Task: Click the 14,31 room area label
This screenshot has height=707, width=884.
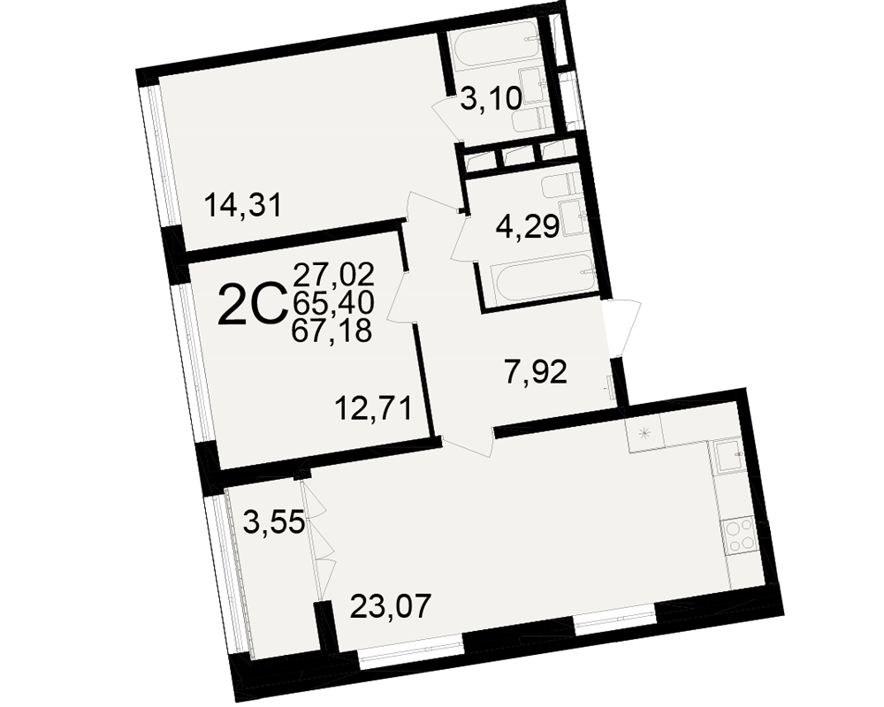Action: pyautogui.click(x=242, y=205)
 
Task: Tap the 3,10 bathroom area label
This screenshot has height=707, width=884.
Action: pyautogui.click(x=490, y=100)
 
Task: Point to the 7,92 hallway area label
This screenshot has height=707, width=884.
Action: pyautogui.click(x=535, y=373)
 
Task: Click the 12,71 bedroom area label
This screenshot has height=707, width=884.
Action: pyautogui.click(x=373, y=409)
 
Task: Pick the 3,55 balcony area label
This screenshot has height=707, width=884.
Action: pyautogui.click(x=274, y=522)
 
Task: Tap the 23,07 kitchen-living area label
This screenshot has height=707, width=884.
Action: pyautogui.click(x=391, y=606)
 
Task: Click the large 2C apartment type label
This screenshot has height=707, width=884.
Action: pyautogui.click(x=250, y=305)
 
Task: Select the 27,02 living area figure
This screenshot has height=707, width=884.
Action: pyautogui.click(x=334, y=275)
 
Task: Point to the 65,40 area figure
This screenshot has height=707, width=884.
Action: pyautogui.click(x=332, y=303)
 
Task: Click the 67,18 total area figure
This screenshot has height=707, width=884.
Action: pyautogui.click(x=331, y=331)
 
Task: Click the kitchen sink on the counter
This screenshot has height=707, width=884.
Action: pyautogui.click(x=729, y=456)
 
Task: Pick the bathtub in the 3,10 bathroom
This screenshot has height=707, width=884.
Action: pyautogui.click(x=496, y=49)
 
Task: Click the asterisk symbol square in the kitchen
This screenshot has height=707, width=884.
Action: pyautogui.click(x=644, y=434)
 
